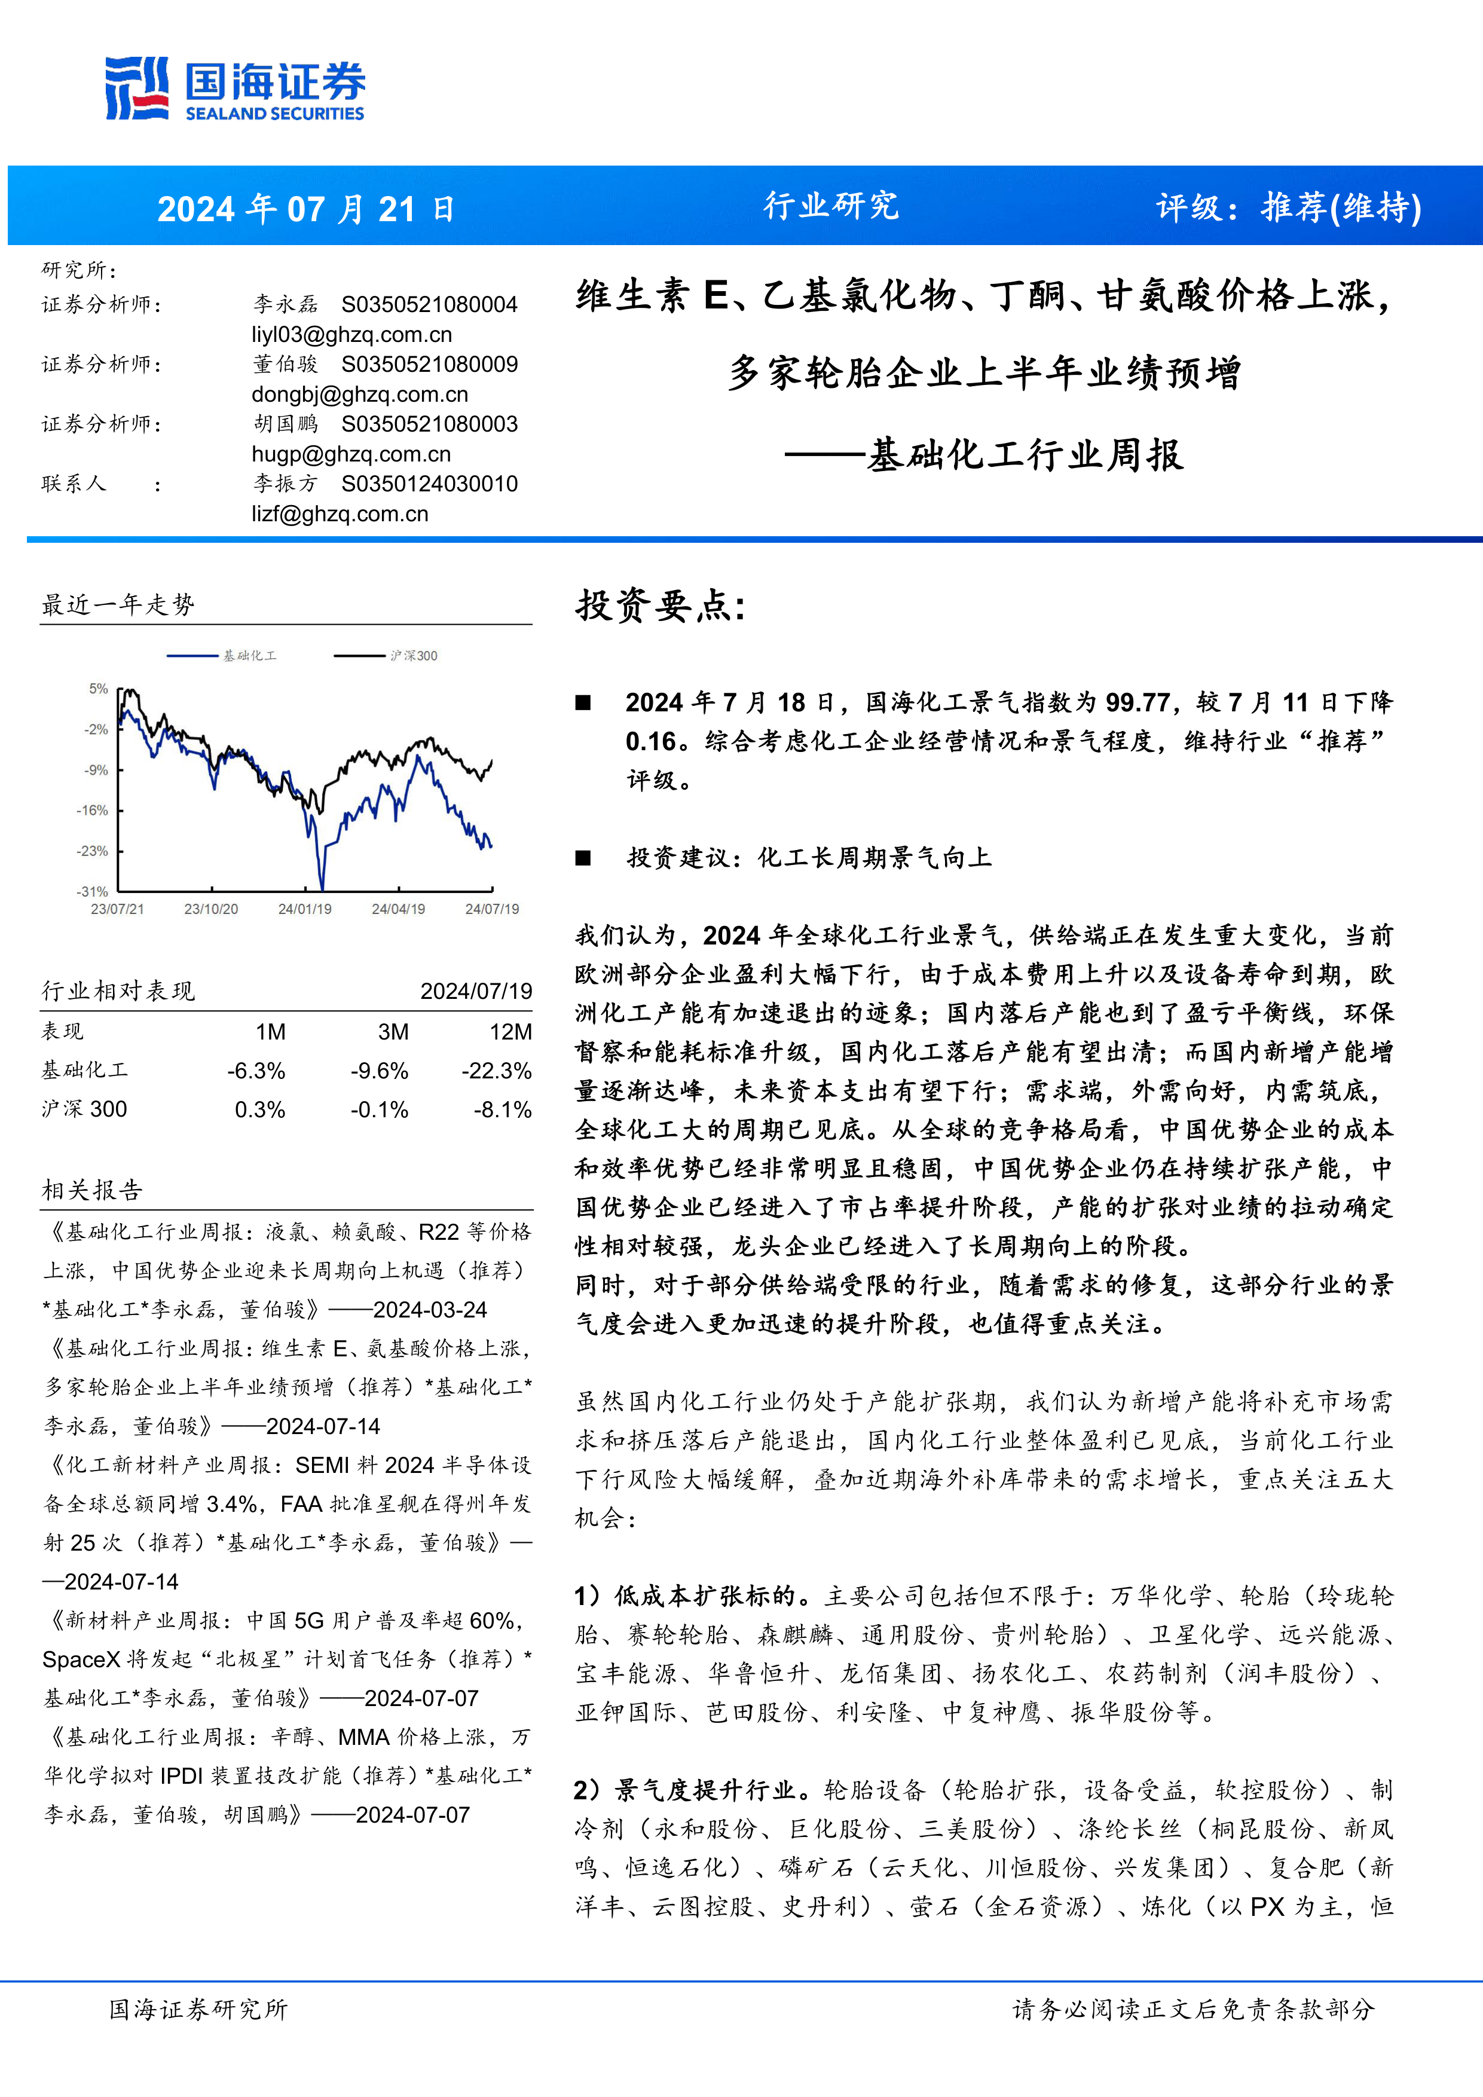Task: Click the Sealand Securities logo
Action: click(x=235, y=88)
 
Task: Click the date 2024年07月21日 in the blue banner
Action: click(x=306, y=209)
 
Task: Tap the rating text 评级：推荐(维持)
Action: click(x=1289, y=207)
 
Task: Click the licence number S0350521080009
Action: click(x=429, y=365)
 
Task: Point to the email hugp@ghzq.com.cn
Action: click(x=351, y=454)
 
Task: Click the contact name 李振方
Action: click(x=285, y=484)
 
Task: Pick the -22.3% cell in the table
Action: click(x=497, y=1071)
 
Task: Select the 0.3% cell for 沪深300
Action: click(x=259, y=1109)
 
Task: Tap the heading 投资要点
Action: click(x=661, y=604)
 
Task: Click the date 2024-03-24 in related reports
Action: click(x=430, y=1310)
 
